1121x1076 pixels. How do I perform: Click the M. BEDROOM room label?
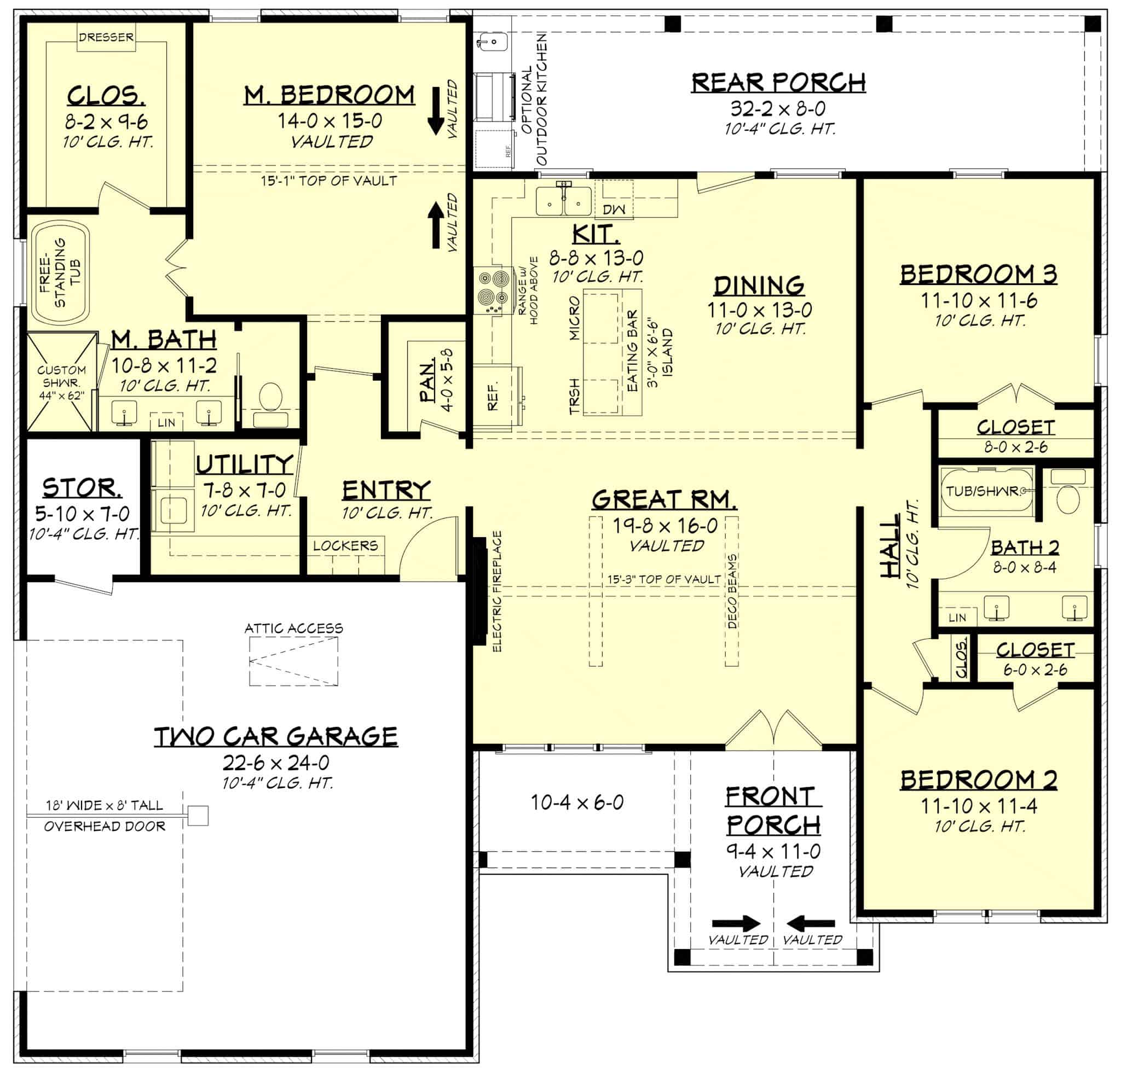(x=329, y=95)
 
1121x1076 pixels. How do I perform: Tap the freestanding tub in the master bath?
(x=61, y=274)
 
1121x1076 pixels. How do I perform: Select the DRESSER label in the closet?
(x=106, y=37)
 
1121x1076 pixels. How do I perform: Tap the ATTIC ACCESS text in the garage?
(x=293, y=629)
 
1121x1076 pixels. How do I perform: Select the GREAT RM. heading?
(x=663, y=499)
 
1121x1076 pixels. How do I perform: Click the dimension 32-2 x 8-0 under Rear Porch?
(x=778, y=108)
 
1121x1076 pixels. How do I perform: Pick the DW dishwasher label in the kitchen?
(x=614, y=210)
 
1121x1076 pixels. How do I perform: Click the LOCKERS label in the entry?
(x=345, y=545)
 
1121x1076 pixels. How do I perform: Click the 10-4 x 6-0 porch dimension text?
(x=576, y=802)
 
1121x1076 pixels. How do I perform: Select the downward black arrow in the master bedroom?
(x=436, y=111)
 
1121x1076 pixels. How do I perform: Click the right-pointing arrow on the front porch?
(x=736, y=923)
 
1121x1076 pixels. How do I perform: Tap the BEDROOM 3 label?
(x=978, y=275)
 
